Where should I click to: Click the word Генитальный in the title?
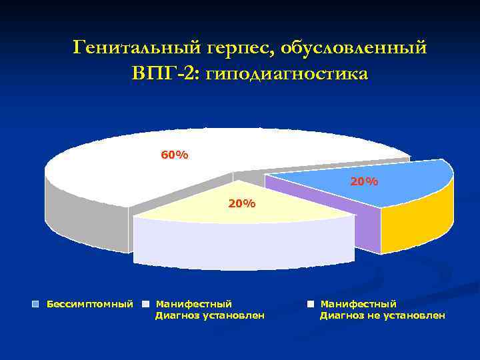pos(129,48)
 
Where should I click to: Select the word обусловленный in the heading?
pos(354,48)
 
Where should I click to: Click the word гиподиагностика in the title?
pos(287,73)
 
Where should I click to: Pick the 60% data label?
pos(174,155)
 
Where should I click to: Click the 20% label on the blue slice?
pos(364,181)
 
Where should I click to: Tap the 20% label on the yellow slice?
pos(241,203)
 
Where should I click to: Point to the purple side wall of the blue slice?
pos(367,227)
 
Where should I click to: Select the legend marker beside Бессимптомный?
pos(37,304)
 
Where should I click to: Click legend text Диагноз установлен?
pos(209,315)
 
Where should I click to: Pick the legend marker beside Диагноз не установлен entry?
pos(311,304)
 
